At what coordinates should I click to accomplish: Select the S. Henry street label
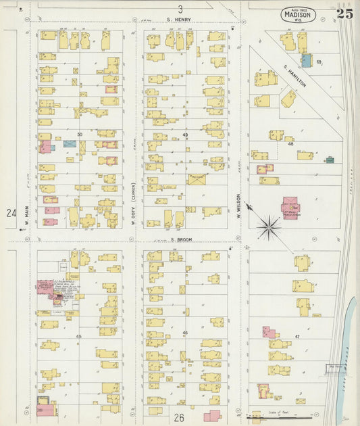point(180,20)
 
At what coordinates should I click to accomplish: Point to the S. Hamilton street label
point(295,76)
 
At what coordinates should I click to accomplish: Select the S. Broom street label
point(182,239)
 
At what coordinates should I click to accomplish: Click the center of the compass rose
point(269,227)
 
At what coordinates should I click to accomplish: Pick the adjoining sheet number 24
point(11,213)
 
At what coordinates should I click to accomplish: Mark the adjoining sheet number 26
point(179,418)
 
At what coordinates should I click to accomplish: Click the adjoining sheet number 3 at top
point(180,9)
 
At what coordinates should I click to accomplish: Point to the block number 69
point(318,62)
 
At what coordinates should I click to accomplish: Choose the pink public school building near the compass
point(291,206)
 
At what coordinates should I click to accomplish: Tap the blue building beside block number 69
point(306,61)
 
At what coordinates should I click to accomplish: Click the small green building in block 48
point(329,160)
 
